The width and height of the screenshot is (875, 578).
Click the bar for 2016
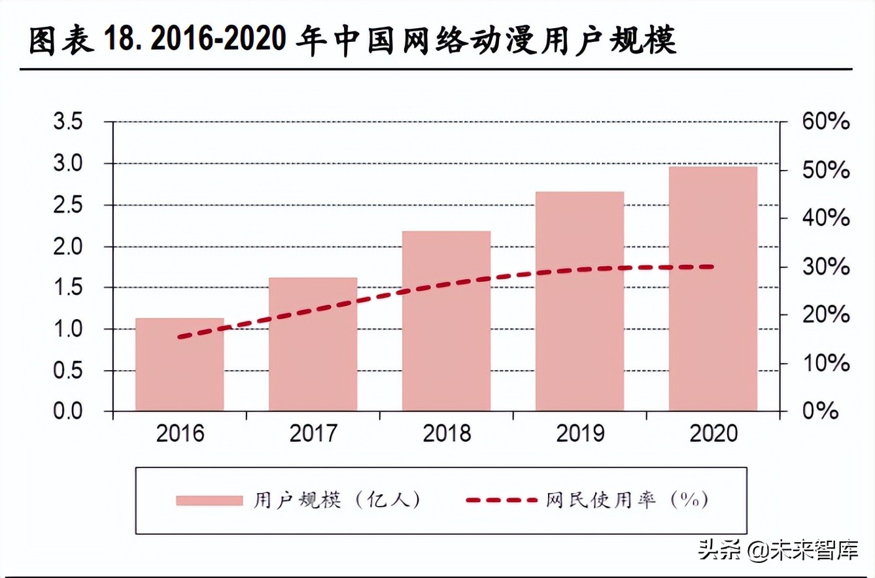click(180, 365)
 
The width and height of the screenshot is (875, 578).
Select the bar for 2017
click(313, 345)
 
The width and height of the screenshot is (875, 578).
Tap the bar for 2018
click(446, 321)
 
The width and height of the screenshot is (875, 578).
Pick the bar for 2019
click(579, 301)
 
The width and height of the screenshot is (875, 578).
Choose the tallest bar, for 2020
click(713, 289)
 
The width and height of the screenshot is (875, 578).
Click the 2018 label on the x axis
click(446, 433)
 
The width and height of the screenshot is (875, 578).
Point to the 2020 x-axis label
click(713, 433)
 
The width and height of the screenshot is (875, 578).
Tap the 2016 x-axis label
click(180, 433)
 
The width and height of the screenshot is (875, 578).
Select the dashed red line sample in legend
click(502, 500)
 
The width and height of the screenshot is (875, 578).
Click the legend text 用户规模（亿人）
click(337, 500)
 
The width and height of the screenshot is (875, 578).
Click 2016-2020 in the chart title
click(220, 41)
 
